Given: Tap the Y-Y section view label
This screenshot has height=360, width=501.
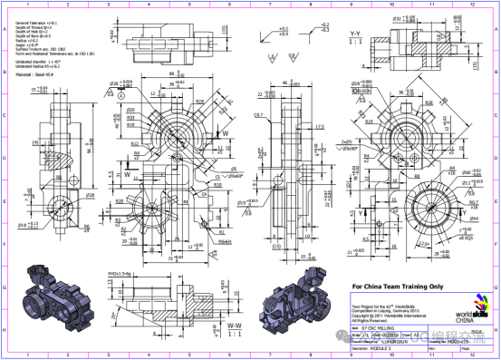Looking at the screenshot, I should [353, 34].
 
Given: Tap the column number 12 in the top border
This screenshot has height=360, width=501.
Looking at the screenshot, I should [471, 5].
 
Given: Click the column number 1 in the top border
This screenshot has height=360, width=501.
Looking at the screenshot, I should [29, 5].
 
